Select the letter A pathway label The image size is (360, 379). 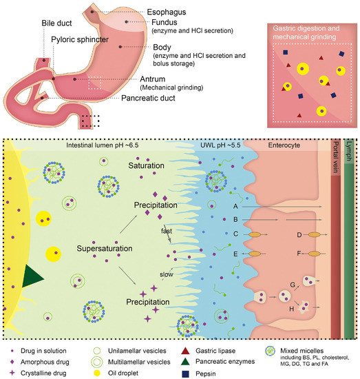click(235, 205)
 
